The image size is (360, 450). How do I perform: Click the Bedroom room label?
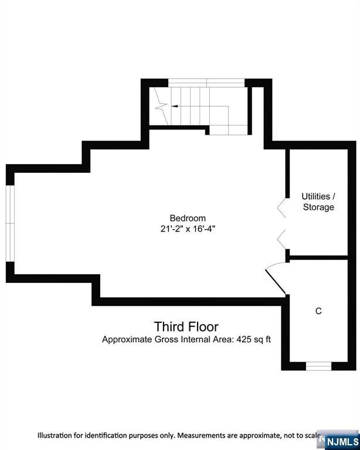click(188, 218)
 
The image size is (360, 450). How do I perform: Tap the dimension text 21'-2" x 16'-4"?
click(188, 229)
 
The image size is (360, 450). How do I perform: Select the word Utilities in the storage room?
click(316, 196)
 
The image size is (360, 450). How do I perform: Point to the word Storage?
click(318, 207)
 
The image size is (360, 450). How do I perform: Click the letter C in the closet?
click(318, 311)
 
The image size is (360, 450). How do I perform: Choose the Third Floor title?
click(186, 326)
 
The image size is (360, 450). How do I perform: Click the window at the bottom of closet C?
click(318, 366)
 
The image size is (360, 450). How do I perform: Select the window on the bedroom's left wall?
click(10, 223)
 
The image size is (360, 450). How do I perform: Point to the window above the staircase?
click(206, 83)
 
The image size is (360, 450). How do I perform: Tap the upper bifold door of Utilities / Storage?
click(281, 207)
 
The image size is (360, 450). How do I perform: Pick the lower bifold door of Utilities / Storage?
click(281, 239)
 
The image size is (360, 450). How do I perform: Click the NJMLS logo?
click(342, 441)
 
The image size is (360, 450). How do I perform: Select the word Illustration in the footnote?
click(55, 435)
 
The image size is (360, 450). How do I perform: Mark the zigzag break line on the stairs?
click(161, 106)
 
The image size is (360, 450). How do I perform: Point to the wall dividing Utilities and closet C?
click(318, 258)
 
